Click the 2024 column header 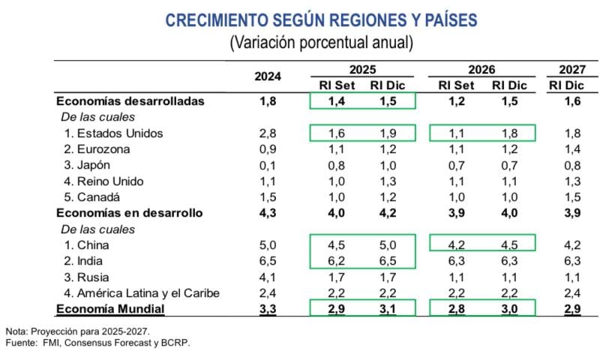tap(268, 76)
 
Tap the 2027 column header tap(572, 69)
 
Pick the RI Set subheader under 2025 tap(337, 85)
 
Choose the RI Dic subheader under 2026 tap(509, 85)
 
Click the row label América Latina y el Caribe tap(142, 292)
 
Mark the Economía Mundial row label tap(110, 308)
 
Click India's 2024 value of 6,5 tap(268, 260)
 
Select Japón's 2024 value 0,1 tap(268, 165)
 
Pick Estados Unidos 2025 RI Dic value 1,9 tap(388, 133)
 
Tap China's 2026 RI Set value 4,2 tap(455, 244)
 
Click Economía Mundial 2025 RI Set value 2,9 tap(337, 308)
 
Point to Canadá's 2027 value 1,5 tap(572, 196)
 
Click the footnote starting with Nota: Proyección tap(77, 331)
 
